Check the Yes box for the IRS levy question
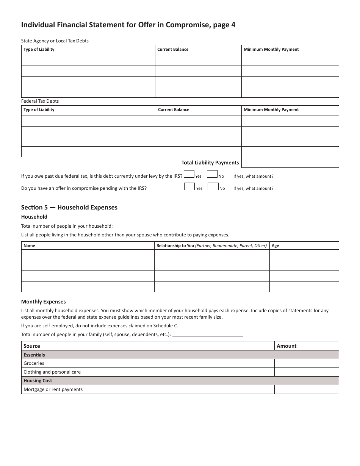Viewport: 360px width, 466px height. (189, 174)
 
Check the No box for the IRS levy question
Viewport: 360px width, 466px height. (212, 174)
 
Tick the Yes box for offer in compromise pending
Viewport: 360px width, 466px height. (189, 186)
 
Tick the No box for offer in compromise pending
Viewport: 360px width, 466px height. (213, 186)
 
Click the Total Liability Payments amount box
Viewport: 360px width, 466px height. (290, 163)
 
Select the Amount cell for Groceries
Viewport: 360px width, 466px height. (306, 363)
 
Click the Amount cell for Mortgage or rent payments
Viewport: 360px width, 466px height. (306, 389)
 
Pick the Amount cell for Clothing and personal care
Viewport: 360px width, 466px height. (306, 372)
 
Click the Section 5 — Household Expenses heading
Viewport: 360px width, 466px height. (69, 207)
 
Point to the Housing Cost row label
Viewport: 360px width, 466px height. (38, 381)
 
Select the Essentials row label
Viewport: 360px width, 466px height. (34, 355)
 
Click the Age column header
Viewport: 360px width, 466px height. (275, 246)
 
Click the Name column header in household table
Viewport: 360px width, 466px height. (29, 246)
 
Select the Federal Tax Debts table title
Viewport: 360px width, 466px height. (40, 101)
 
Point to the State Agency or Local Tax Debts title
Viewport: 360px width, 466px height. (55, 41)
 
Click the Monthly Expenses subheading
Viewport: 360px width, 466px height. (44, 302)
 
